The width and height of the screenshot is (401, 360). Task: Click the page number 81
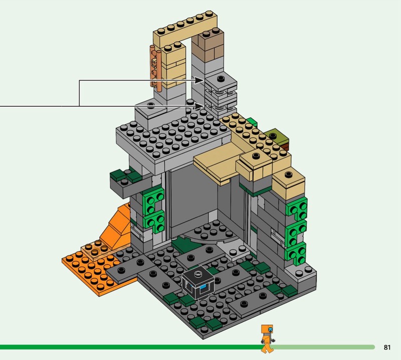387,347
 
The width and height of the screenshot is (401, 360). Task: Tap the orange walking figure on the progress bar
267,339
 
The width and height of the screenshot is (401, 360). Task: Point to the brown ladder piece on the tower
156,68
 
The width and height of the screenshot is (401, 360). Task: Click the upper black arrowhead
199,80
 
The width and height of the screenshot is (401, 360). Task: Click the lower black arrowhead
199,106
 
